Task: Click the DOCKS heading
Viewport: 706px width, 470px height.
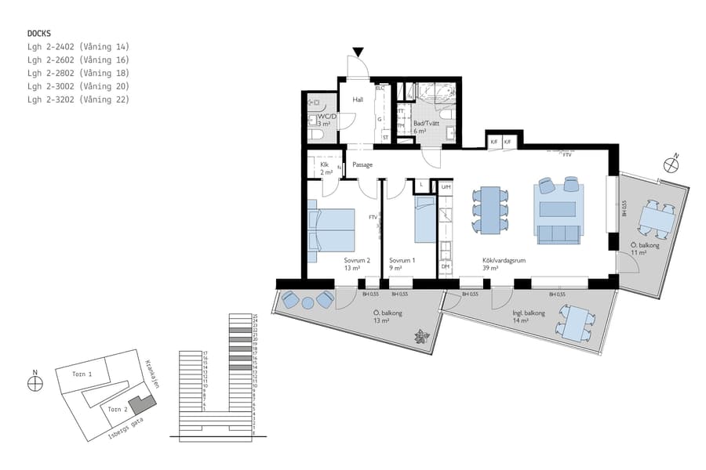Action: tap(39, 34)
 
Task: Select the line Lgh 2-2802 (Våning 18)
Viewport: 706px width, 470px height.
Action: tap(78, 73)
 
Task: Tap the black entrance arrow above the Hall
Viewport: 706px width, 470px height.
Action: tap(358, 52)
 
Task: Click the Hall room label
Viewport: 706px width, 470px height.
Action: tap(358, 99)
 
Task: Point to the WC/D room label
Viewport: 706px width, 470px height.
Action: tap(327, 117)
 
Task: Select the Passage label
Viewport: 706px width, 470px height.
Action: tap(362, 164)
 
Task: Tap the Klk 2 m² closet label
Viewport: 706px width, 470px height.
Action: tap(324, 168)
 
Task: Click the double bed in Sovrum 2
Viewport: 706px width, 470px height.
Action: tap(333, 229)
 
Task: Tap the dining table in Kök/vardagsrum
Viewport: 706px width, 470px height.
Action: tap(490, 210)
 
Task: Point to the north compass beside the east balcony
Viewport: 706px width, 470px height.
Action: tap(671, 164)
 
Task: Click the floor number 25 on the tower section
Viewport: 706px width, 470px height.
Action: tap(255, 317)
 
